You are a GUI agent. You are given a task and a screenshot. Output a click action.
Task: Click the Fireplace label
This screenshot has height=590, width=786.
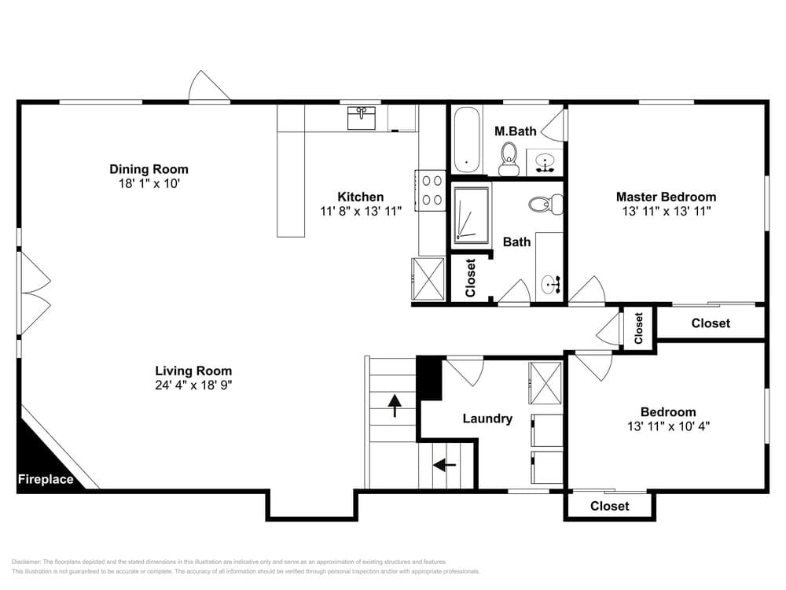click(x=46, y=479)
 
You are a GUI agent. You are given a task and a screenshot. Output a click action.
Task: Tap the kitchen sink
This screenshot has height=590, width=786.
click(x=362, y=118)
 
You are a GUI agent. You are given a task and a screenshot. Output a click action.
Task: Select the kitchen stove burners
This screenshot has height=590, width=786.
click(x=431, y=190)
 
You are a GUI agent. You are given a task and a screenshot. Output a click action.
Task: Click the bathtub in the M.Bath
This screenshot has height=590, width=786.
click(x=467, y=140)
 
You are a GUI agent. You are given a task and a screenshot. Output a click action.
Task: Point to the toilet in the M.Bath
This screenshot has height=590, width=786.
click(x=509, y=159)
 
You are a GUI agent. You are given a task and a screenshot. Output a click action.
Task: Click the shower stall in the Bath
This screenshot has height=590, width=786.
click(x=471, y=216)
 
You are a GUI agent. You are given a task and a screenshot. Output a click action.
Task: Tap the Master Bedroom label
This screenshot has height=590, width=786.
click(x=667, y=197)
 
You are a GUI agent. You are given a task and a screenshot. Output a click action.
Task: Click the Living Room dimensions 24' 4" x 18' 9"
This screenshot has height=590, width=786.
click(x=193, y=385)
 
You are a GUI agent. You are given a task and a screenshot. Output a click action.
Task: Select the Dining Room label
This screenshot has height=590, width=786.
click(x=149, y=169)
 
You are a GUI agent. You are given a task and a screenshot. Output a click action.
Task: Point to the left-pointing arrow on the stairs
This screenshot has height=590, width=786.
click(x=445, y=465)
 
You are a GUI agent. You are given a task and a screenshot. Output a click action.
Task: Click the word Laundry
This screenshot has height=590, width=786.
click(x=487, y=419)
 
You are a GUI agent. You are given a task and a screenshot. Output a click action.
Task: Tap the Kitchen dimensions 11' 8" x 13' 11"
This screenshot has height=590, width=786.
click(x=361, y=211)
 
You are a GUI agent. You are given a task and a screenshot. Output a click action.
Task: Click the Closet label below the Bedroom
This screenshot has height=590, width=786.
click(x=610, y=506)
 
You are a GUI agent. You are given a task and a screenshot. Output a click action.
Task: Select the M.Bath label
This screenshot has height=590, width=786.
click(x=516, y=131)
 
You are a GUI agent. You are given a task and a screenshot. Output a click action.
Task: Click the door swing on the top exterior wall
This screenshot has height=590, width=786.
click(x=208, y=85)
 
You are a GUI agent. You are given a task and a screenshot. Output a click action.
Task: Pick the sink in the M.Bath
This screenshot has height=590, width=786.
click(x=545, y=163)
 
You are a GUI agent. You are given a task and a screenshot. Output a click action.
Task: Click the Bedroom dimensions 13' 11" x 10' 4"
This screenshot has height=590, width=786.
click(x=668, y=426)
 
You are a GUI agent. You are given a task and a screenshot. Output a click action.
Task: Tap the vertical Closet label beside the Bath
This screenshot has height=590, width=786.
click(x=470, y=278)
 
